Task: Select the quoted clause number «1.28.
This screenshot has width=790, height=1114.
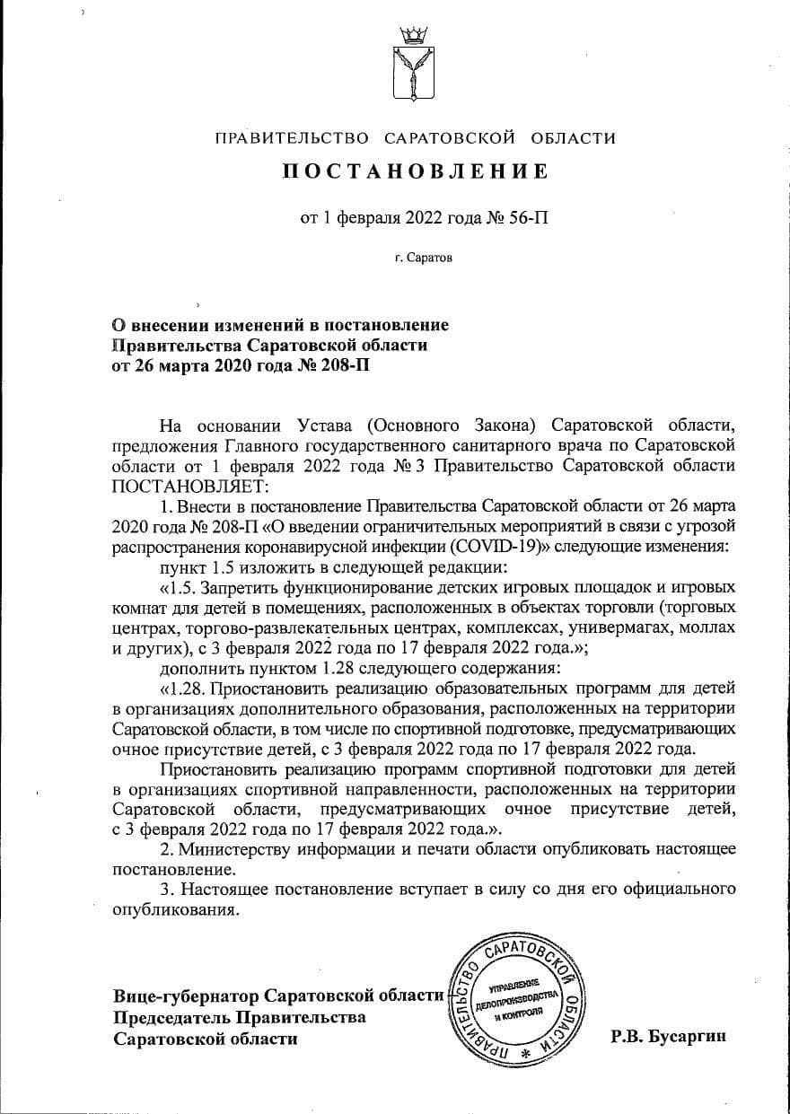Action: point(182,689)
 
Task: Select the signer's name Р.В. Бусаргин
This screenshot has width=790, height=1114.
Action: point(668,1036)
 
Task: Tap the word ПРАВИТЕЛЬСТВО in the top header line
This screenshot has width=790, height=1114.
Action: point(293,138)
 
